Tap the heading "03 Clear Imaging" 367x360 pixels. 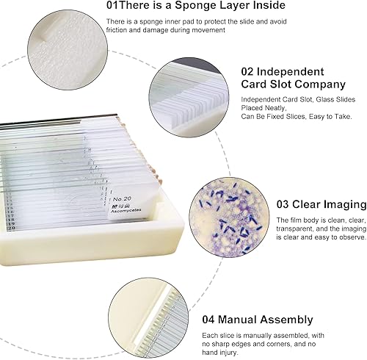320,204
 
